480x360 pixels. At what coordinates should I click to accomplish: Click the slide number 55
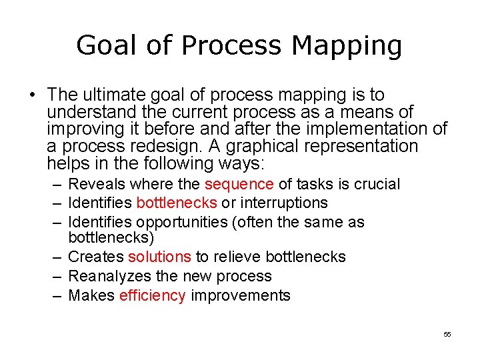447,334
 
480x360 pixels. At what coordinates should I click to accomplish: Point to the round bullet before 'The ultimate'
31,95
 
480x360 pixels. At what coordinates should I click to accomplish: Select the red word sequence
239,184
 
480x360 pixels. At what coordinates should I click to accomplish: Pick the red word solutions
159,257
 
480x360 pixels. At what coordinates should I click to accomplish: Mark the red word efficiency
152,295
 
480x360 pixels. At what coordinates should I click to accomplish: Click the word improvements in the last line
241,295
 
